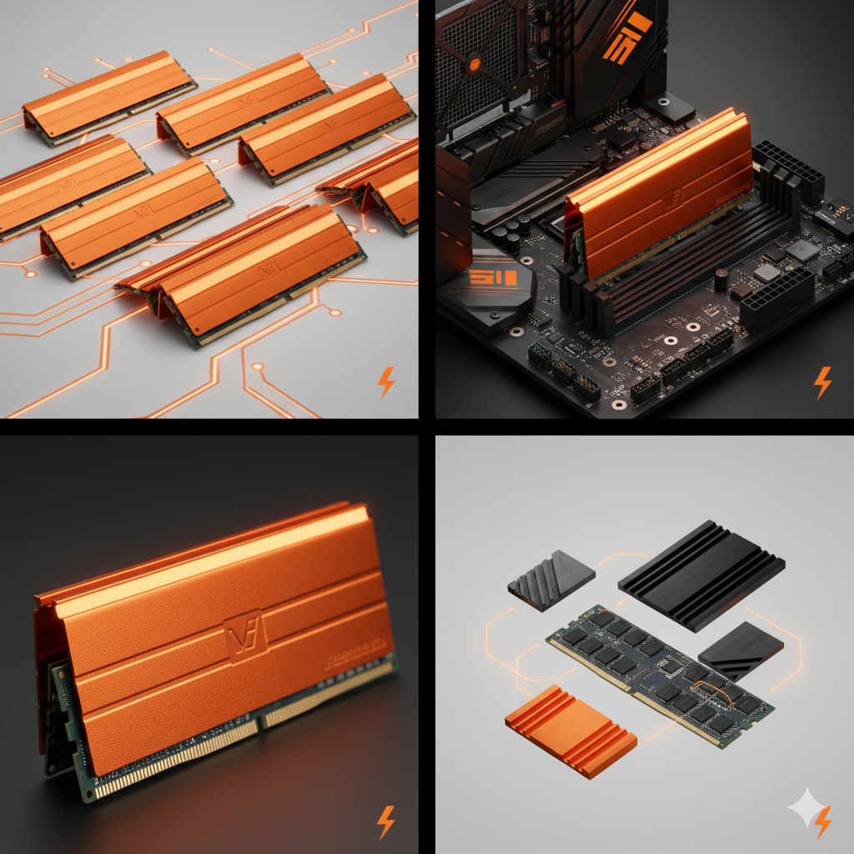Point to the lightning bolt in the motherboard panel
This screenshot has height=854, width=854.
click(x=822, y=382)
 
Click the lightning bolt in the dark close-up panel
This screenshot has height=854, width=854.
click(x=385, y=821)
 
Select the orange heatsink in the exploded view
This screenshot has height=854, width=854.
click(x=570, y=731)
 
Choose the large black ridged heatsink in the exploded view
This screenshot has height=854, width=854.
click(x=701, y=576)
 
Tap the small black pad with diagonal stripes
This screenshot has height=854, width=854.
click(x=741, y=651)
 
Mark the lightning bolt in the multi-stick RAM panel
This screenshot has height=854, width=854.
click(x=385, y=382)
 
